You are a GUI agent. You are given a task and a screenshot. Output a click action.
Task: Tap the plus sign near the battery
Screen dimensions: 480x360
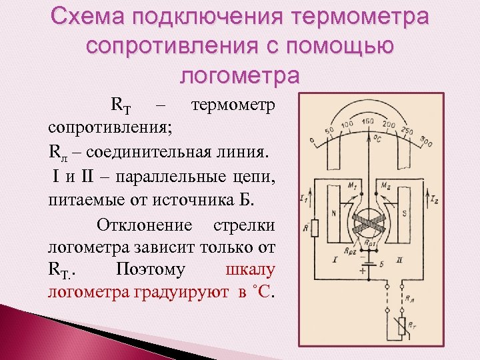363,271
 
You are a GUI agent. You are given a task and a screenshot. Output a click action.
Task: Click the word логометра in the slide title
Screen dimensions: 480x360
240,75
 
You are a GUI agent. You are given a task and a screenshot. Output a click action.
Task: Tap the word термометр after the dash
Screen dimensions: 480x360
233,105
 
